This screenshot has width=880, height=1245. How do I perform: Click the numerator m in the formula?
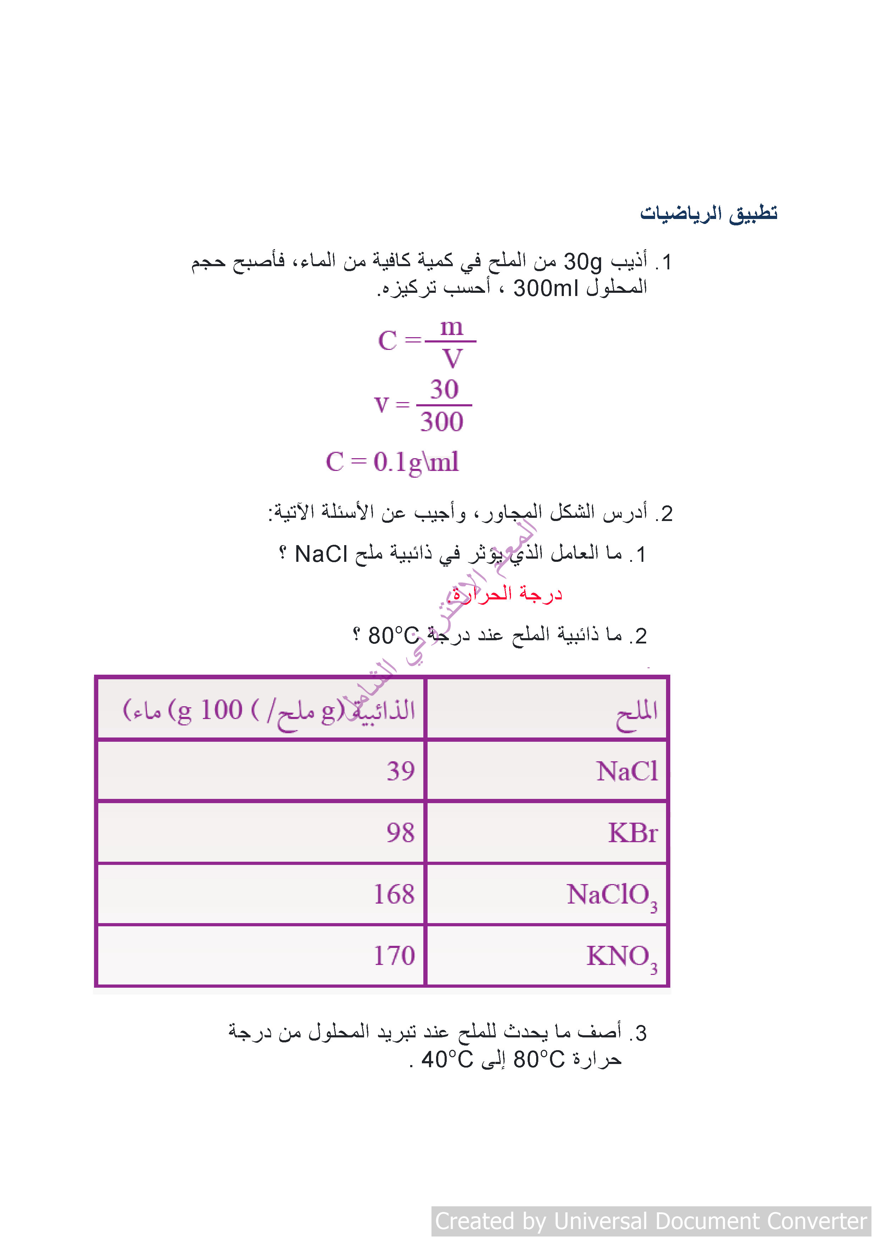click(451, 328)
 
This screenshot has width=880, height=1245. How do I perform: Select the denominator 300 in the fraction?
click(442, 422)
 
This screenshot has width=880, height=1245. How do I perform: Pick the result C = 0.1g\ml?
click(392, 462)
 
